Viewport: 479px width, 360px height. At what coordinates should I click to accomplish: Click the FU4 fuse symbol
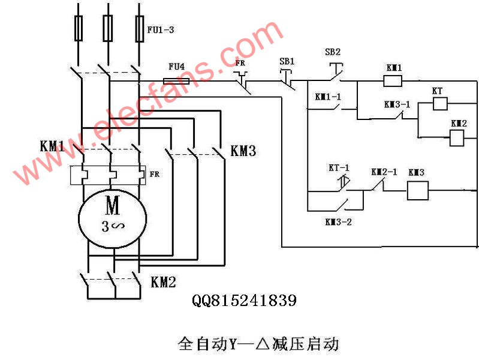coord(176,81)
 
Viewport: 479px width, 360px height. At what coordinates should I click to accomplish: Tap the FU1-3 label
coord(161,29)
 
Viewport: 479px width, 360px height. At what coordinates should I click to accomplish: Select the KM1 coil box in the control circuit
coord(393,81)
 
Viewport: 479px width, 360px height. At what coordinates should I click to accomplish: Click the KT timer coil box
coord(440,104)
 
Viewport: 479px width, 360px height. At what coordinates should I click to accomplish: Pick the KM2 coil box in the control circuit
coord(457,137)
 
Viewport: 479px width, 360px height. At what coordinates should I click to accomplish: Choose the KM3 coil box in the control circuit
coord(418,191)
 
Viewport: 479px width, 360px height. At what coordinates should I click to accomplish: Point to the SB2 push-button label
coord(333,52)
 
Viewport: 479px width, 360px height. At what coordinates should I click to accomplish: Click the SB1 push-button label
coord(287,61)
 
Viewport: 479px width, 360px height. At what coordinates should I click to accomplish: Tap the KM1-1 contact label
coord(328,97)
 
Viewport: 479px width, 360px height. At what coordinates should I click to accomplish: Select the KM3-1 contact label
coord(397,104)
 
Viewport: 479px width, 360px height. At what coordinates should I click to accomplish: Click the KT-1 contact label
coord(339,167)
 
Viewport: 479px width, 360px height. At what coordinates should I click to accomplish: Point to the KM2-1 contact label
coord(384,172)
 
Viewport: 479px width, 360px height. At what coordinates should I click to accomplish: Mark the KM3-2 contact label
coord(339,222)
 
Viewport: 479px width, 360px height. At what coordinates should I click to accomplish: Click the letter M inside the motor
coord(113,206)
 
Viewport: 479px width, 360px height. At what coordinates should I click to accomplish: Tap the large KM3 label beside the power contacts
coord(243,151)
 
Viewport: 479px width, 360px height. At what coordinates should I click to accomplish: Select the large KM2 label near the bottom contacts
coord(164,282)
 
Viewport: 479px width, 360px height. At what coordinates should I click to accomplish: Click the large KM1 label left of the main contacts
coord(52,146)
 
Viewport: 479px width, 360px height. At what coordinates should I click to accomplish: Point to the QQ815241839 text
coord(244,301)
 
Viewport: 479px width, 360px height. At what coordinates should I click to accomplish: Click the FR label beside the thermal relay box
coord(155,175)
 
